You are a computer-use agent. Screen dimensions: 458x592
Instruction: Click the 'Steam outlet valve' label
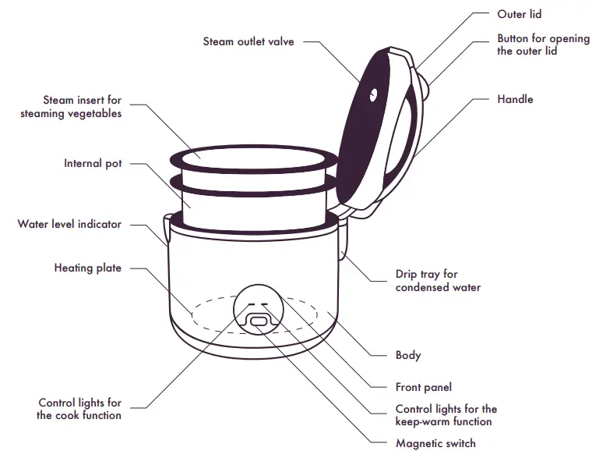tap(248, 41)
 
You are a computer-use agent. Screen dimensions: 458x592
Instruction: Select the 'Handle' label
tap(515, 99)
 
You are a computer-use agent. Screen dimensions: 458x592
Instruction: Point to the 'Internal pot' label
tap(93, 164)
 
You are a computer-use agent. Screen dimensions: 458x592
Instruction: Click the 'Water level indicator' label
tap(69, 224)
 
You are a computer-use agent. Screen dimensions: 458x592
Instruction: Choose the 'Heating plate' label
tap(87, 268)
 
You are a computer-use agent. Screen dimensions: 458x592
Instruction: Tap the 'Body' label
tap(407, 355)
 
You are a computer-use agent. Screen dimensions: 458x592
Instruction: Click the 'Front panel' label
tap(423, 387)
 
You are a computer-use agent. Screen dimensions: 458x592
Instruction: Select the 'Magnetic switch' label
tap(435, 443)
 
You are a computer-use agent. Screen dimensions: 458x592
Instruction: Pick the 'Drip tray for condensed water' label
tap(438, 281)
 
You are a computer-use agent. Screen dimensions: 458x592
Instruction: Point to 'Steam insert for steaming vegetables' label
tap(83, 107)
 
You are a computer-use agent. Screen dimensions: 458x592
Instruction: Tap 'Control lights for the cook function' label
tap(79, 409)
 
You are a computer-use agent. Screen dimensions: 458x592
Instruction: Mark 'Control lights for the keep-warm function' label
tap(446, 415)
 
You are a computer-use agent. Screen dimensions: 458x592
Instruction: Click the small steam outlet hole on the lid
tap(373, 95)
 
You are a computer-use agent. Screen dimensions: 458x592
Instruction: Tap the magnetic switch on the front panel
tap(258, 321)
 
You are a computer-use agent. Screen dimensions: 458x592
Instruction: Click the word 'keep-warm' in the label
tap(424, 421)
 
